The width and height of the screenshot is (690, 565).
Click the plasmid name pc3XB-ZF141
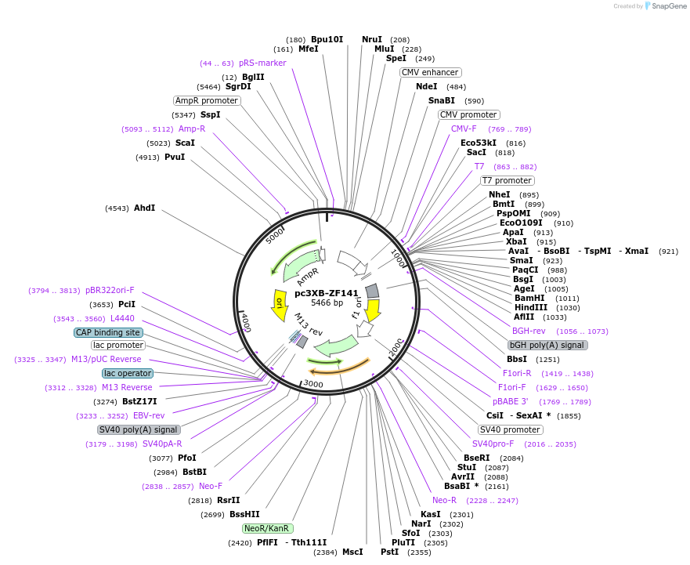pos(327,293)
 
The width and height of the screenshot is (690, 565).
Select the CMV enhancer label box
pos(430,72)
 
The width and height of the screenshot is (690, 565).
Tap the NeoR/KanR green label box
pos(268,528)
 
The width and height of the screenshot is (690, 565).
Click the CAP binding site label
pos(109,332)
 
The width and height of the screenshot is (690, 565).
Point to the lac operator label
pos(128,373)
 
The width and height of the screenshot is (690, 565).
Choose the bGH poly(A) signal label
pos(547,345)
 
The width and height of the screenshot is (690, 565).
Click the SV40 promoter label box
pos(510,429)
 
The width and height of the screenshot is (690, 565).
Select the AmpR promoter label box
pos(207,100)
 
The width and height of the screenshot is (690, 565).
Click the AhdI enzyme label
pos(145,208)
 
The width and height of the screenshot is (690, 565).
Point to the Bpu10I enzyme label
pos(327,39)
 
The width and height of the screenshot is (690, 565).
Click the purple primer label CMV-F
pos(464,129)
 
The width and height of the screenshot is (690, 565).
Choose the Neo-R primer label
pos(444,500)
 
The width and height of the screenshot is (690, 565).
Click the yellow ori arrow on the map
pos(278,305)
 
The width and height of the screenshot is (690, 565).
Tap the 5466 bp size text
pos(327,302)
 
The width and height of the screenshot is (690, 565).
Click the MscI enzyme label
pos(352,552)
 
